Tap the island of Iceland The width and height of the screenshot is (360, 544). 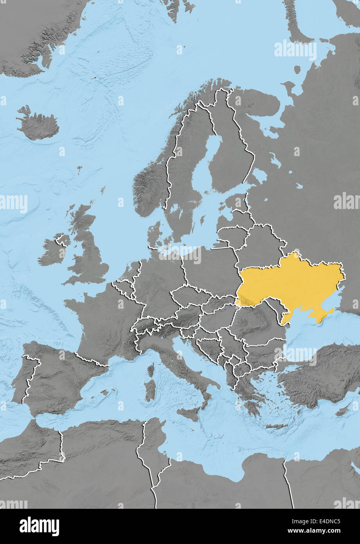click(39, 125)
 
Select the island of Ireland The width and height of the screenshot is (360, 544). click(53, 252)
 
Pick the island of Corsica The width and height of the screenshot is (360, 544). click(151, 369)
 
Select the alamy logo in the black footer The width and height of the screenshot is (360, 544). click(39, 526)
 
